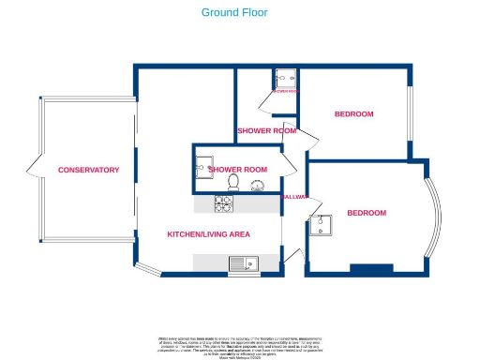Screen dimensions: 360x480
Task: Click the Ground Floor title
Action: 234,13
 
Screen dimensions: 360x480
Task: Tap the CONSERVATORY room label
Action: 88,170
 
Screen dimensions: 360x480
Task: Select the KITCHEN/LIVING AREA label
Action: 207,233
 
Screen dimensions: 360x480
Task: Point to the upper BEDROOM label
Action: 353,114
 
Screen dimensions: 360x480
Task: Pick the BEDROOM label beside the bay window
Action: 367,213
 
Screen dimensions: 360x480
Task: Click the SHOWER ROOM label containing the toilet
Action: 238,169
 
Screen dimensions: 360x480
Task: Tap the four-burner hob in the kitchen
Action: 225,203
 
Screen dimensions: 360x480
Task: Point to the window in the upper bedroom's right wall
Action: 409,113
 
